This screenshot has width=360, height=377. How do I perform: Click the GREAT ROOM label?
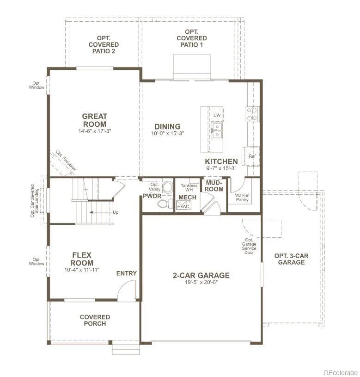(94, 120)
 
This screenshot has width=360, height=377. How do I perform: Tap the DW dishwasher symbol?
(217, 115)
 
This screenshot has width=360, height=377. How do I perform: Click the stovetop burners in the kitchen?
(252, 114)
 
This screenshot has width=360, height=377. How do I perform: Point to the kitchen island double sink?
(217, 130)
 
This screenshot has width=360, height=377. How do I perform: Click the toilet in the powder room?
(163, 204)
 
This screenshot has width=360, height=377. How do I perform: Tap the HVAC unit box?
(184, 205)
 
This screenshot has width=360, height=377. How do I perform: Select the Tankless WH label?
(189, 187)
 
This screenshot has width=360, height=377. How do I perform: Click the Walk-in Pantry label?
(242, 198)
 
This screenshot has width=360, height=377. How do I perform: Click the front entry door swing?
(127, 290)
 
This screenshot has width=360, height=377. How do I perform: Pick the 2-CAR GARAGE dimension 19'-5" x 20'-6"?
(201, 282)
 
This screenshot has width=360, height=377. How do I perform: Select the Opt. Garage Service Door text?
(249, 246)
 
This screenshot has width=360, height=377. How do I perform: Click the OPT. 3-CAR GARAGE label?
(291, 259)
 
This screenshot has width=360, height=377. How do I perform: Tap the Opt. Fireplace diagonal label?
(66, 161)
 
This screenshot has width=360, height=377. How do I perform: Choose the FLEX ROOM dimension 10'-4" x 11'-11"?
(82, 270)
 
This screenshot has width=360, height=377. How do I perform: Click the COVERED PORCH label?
(95, 320)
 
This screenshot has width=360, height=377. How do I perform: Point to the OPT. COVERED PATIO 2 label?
(104, 44)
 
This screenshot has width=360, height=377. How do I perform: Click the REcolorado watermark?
(341, 373)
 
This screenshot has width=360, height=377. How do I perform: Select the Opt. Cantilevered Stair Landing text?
(35, 201)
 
